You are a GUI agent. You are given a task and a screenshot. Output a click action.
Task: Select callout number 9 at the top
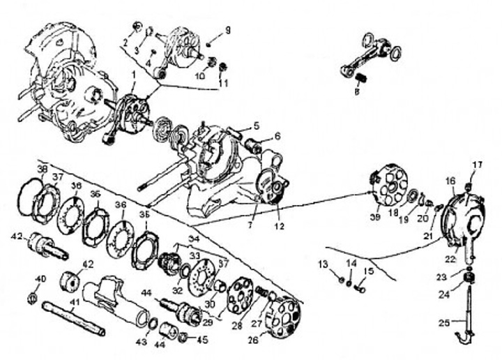pos(227,30)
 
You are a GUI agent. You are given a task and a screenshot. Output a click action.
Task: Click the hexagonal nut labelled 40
pos(31,299)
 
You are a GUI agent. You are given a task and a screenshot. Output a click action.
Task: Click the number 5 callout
pos(257,126)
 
